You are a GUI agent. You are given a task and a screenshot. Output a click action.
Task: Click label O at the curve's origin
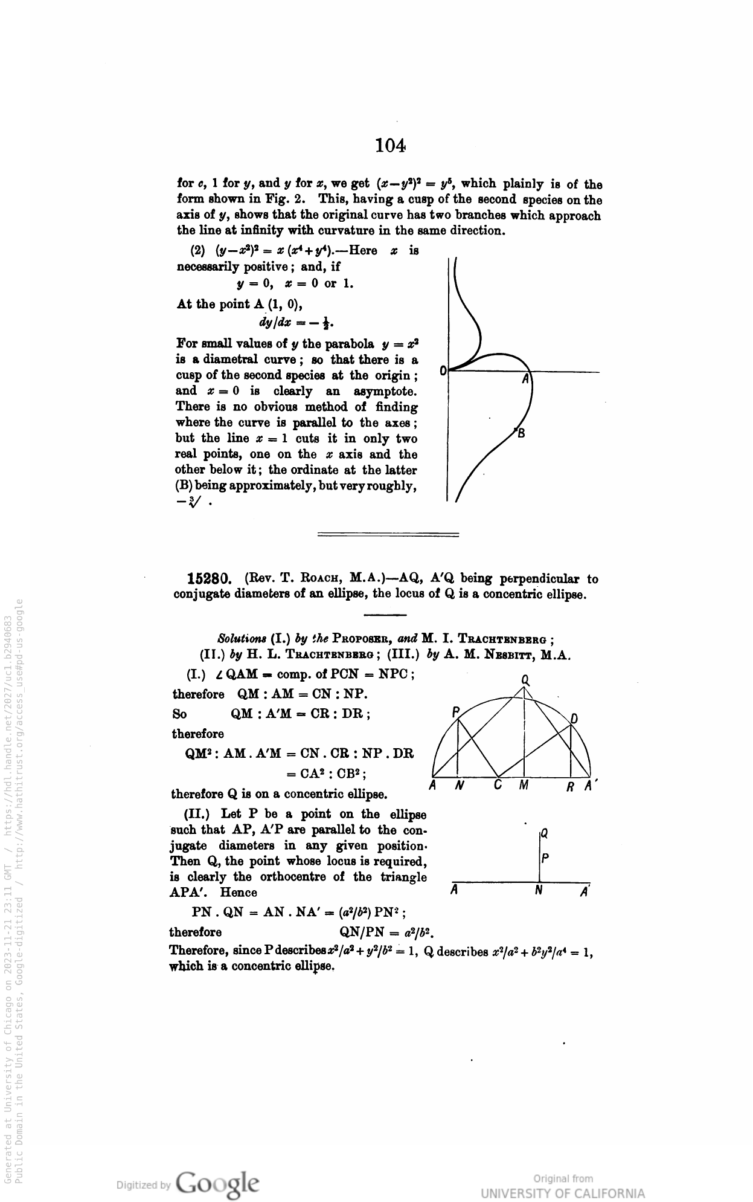[443, 370]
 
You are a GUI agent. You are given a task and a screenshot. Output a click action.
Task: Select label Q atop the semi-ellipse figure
[525, 680]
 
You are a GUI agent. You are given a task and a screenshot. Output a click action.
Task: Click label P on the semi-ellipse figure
[456, 711]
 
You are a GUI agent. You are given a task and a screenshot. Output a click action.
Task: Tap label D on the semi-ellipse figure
[574, 719]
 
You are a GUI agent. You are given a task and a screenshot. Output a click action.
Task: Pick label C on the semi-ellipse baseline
[498, 786]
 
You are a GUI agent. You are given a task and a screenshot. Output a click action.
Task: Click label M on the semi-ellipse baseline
[524, 786]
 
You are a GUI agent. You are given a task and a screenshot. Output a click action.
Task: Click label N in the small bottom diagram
[539, 890]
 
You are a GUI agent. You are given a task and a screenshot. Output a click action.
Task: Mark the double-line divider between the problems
[388, 534]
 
